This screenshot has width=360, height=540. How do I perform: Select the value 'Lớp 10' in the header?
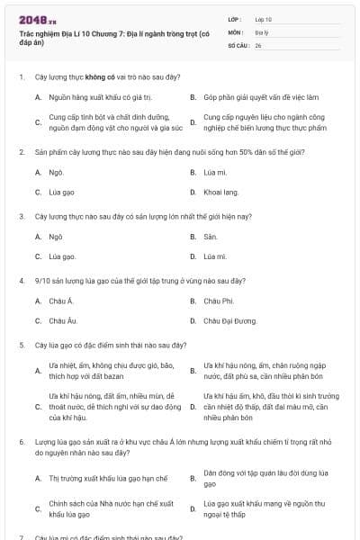(x=263, y=19)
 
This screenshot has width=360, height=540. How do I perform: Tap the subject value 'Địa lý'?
(x=261, y=31)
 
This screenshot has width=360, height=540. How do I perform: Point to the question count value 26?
(x=258, y=44)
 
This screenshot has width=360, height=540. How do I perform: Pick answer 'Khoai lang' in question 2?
(x=221, y=192)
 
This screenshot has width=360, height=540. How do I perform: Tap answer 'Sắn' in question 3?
(x=211, y=237)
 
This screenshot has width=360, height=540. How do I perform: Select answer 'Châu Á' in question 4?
(x=61, y=301)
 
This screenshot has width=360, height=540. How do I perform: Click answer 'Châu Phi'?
(x=219, y=301)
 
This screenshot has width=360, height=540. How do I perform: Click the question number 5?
(x=21, y=345)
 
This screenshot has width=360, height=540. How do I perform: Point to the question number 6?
(x=21, y=443)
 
